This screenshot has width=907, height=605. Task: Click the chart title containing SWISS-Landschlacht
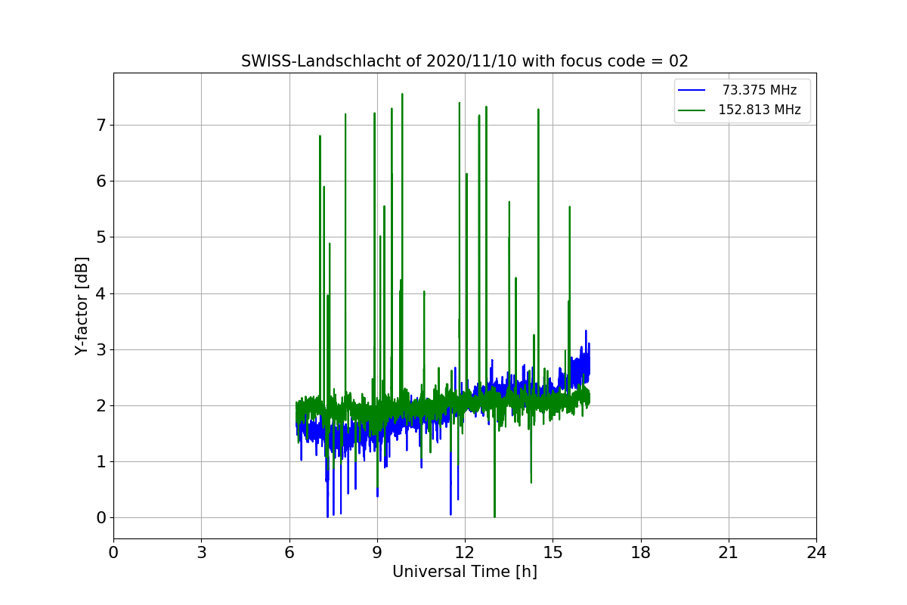pyautogui.click(x=464, y=61)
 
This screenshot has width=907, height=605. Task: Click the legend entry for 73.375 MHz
pyautogui.click(x=759, y=90)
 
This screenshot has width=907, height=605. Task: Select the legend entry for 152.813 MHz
pyautogui.click(x=759, y=110)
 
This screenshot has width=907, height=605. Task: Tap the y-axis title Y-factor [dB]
pyautogui.click(x=82, y=306)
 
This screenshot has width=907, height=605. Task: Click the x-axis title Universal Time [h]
pyautogui.click(x=464, y=572)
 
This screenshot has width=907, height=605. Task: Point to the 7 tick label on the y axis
pyautogui.click(x=101, y=125)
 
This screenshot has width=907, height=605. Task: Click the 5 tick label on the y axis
pyautogui.click(x=101, y=237)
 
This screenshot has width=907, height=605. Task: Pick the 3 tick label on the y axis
pyautogui.click(x=101, y=349)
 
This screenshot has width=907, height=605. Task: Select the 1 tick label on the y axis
pyautogui.click(x=101, y=461)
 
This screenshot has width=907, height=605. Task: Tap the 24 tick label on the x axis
pyautogui.click(x=816, y=553)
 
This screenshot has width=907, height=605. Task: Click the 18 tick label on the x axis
pyautogui.click(x=640, y=553)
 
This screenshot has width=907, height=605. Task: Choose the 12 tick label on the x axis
pyautogui.click(x=465, y=553)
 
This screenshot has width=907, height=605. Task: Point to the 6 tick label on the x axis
pyautogui.click(x=289, y=553)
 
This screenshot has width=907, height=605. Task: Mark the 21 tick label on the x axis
pyautogui.click(x=728, y=553)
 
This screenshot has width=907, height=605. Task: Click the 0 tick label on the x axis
pyautogui.click(x=113, y=553)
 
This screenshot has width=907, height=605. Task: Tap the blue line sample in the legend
pyautogui.click(x=692, y=90)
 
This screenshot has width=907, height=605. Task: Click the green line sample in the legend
pyautogui.click(x=692, y=110)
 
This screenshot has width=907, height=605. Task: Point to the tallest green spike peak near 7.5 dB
pyautogui.click(x=402, y=95)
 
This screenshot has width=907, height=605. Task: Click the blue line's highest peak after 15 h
pyautogui.click(x=586, y=330)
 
